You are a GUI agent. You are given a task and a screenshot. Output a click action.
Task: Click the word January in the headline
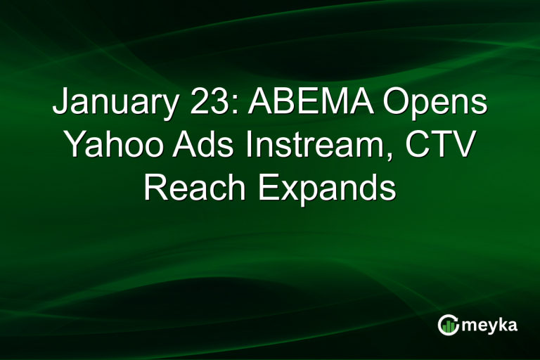click(110, 104)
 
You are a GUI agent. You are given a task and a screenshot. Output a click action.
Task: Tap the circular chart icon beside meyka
click(448, 324)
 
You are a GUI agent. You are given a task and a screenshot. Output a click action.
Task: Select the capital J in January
click(60, 104)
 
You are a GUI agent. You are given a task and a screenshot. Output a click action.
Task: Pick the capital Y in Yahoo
click(75, 146)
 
